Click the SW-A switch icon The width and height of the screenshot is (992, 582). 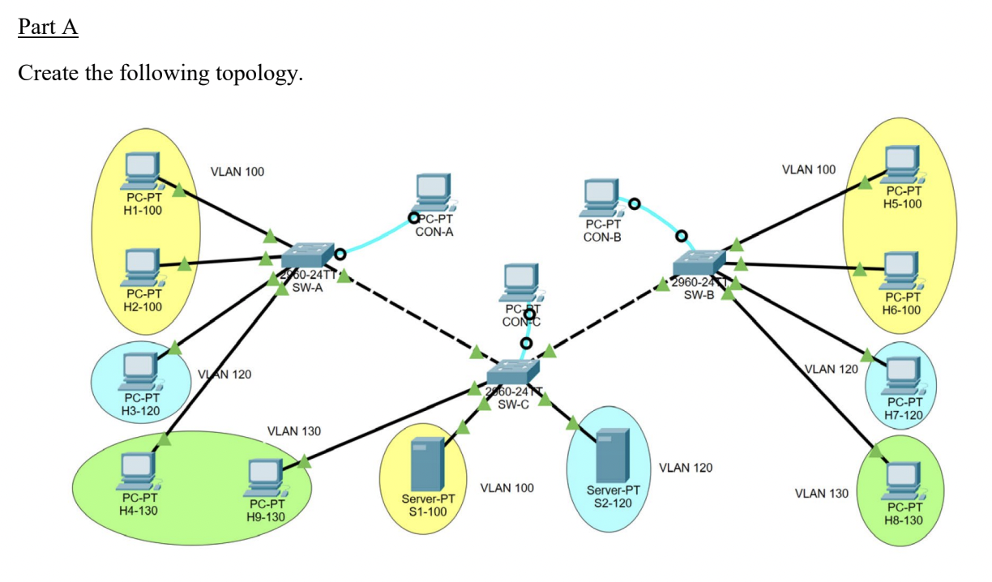click(x=307, y=255)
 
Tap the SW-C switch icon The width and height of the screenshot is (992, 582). click(x=513, y=373)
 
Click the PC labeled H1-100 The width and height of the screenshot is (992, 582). click(x=143, y=171)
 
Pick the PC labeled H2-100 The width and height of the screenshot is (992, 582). click(x=143, y=267)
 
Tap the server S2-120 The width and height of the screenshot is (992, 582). click(x=613, y=456)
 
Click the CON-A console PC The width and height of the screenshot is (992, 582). click(x=434, y=193)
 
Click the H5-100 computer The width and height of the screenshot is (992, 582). click(x=900, y=165)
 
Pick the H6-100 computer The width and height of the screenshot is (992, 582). click(x=900, y=271)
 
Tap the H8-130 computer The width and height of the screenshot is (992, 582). click(x=903, y=481)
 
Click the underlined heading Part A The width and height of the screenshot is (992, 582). click(x=48, y=27)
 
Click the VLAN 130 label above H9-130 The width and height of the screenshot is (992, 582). click(x=293, y=430)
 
